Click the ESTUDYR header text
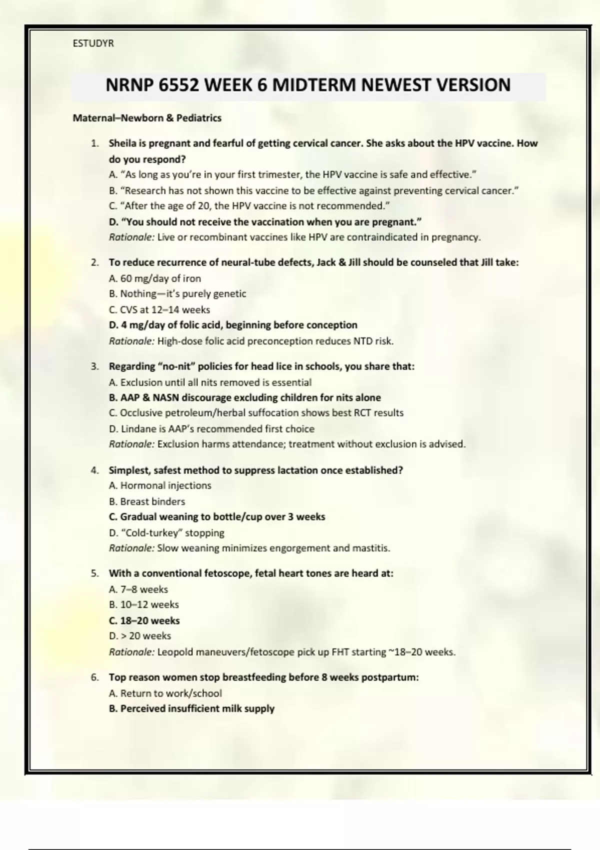pos(93,43)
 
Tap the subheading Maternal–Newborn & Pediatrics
pos(147,118)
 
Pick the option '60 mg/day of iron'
pos(155,278)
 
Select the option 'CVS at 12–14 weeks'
pos(159,309)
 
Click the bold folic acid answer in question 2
pos(233,325)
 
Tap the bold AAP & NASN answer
pos(245,397)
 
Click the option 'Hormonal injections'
pos(160,485)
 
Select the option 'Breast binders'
pos(147,501)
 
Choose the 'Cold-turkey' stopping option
pos(166,532)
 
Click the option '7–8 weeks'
pos(138,589)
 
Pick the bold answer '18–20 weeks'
pos(144,620)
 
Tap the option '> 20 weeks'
pos(140,636)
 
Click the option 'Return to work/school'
pos(165,693)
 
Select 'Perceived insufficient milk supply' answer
pos(192,708)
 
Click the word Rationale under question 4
pos(131,548)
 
